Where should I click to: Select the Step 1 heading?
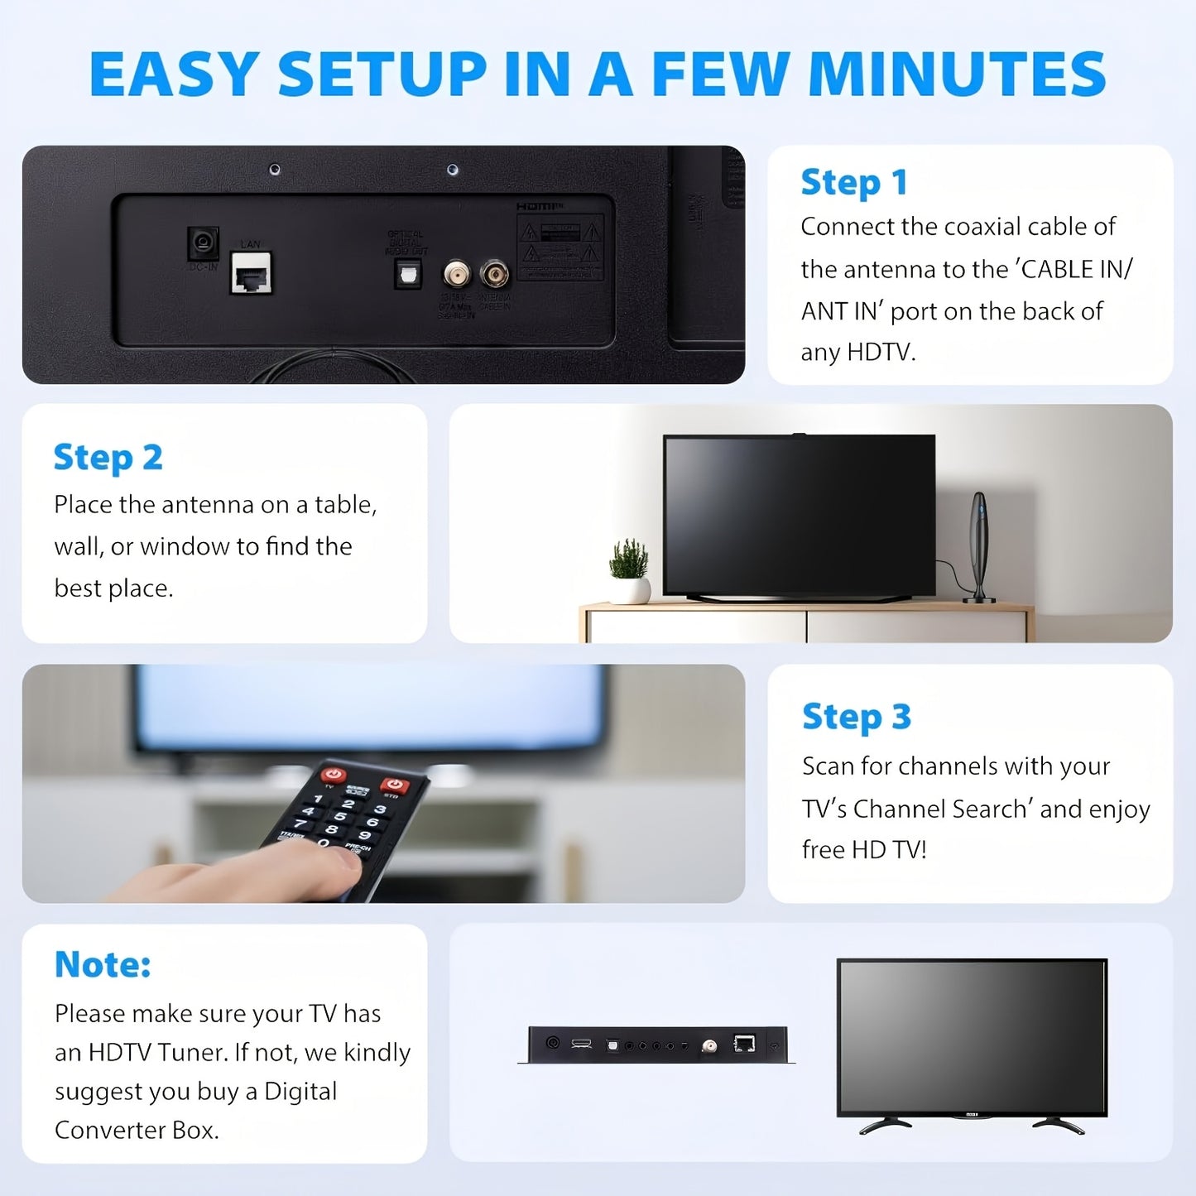(x=853, y=183)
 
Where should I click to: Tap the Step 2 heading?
(x=108, y=458)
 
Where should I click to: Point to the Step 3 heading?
(x=856, y=717)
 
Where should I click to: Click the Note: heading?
(x=103, y=964)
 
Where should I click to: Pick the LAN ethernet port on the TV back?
(x=251, y=273)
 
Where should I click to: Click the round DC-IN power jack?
(x=202, y=243)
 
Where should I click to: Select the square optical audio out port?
(x=407, y=274)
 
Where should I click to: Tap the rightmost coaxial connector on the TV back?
(x=495, y=273)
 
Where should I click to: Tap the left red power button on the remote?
(x=334, y=775)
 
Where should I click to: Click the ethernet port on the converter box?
(x=744, y=1044)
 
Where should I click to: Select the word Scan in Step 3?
(x=828, y=766)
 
